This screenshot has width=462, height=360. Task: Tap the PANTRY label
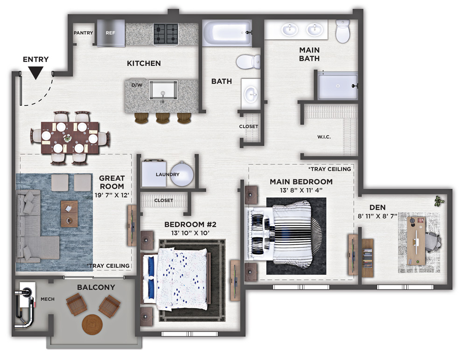(83, 33)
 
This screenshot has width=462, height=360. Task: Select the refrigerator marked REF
(111, 33)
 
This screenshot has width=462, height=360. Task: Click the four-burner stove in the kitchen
(166, 34)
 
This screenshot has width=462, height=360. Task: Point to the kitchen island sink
(163, 90)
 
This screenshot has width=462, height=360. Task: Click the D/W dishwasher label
(137, 85)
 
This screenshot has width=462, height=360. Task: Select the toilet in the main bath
(343, 31)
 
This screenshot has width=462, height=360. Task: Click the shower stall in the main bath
(338, 86)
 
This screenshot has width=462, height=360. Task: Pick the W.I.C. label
(324, 137)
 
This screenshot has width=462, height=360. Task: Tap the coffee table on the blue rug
(70, 214)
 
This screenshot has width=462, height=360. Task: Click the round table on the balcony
(92, 325)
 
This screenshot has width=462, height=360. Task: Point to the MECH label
(48, 299)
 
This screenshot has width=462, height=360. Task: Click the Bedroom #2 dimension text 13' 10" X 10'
(190, 233)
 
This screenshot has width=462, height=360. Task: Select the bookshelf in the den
(368, 258)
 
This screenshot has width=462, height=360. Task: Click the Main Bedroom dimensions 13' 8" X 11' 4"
(301, 190)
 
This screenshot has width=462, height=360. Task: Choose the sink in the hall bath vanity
(251, 94)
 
